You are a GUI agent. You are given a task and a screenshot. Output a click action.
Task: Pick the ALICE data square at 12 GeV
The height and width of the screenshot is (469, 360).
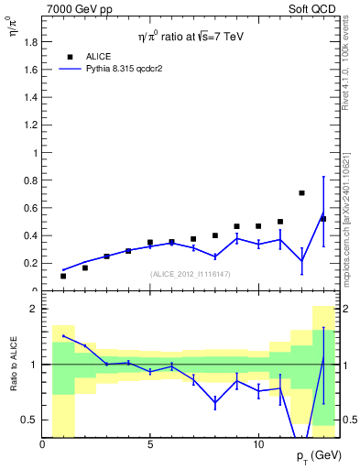click(302, 193)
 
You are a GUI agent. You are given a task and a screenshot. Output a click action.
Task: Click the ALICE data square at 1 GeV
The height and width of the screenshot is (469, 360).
click(63, 276)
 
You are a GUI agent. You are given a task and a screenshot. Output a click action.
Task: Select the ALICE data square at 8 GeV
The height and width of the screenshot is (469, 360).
click(215, 235)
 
